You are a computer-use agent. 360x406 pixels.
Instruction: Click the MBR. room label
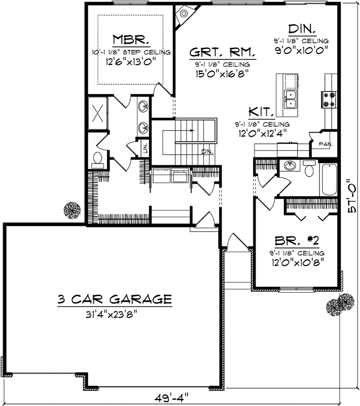[x=131, y=40]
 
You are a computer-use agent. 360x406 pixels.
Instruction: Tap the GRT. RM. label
[x=223, y=52]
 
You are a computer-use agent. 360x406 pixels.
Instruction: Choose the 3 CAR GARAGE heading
[x=114, y=298]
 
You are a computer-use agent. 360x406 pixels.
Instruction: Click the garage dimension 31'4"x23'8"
[x=114, y=313]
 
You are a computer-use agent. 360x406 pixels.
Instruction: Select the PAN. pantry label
[x=326, y=144]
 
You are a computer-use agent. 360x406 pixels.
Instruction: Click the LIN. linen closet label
[x=146, y=148]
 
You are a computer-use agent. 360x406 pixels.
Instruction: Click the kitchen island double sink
[x=291, y=99]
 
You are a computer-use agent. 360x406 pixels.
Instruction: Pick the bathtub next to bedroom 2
[x=328, y=180]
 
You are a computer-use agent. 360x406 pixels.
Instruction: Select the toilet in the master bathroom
[x=97, y=160]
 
